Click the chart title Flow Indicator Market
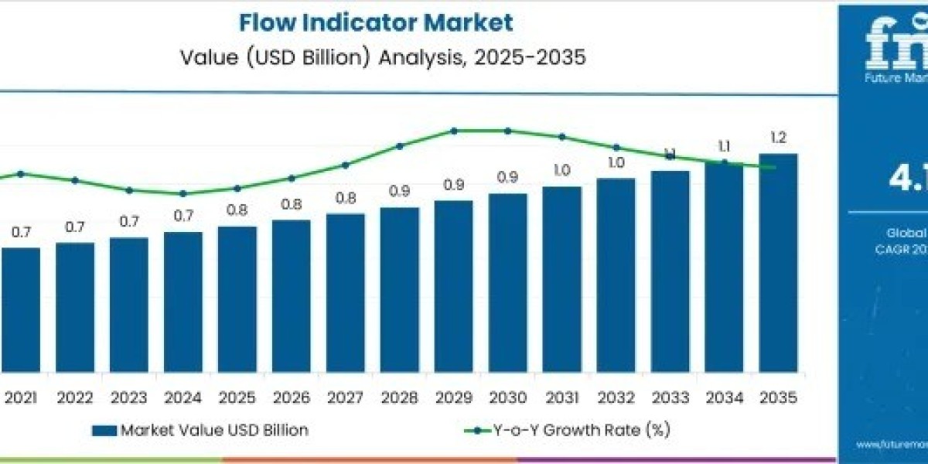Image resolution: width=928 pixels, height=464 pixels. [375, 22]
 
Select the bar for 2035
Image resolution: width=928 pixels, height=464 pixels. [778, 263]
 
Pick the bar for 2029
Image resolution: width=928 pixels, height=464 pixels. [454, 286]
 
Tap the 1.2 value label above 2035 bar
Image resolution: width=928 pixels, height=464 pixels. [778, 138]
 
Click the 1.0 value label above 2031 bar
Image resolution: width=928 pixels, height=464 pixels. [561, 170]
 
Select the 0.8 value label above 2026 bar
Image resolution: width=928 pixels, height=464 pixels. [292, 204]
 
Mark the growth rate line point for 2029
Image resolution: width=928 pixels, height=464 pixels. [454, 131]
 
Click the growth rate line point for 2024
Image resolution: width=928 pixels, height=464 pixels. [183, 193]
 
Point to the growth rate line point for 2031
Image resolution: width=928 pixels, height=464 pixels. [561, 137]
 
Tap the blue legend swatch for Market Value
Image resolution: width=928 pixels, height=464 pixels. [104, 430]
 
